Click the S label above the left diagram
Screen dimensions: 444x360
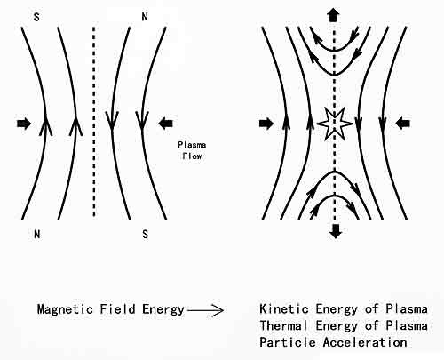36,17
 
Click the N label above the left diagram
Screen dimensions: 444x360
145,17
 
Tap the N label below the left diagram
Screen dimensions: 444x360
37,235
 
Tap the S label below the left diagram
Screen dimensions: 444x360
145,235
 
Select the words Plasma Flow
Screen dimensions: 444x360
192,150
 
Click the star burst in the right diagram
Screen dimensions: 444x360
335,124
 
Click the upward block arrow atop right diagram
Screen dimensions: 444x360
334,15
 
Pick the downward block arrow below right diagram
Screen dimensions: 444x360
336,231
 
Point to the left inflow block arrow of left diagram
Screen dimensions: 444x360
24,124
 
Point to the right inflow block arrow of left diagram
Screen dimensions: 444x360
166,124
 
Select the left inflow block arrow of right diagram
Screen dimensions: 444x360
266,124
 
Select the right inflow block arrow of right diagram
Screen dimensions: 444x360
403,124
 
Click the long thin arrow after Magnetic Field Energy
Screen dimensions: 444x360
206,310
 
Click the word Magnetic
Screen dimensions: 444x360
65,309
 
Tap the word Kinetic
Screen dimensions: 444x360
284,309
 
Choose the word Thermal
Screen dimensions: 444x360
284,325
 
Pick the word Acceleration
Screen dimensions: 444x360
365,342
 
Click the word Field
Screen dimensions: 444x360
117,309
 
